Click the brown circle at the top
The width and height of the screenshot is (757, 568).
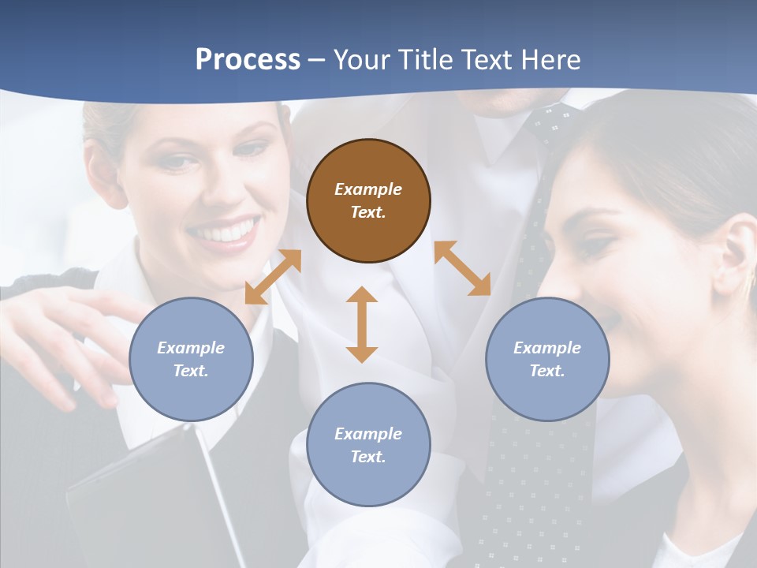(368, 200)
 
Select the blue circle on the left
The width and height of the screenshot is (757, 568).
(191, 359)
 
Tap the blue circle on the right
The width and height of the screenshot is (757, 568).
(547, 359)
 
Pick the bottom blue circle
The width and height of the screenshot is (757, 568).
(368, 445)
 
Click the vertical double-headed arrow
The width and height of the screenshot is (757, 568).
(362, 324)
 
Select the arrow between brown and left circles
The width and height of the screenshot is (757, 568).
(273, 277)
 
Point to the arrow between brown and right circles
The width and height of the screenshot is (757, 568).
(462, 268)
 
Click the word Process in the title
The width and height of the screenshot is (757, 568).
(248, 59)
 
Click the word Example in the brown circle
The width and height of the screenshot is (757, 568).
(368, 189)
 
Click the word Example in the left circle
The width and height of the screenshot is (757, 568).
(191, 348)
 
